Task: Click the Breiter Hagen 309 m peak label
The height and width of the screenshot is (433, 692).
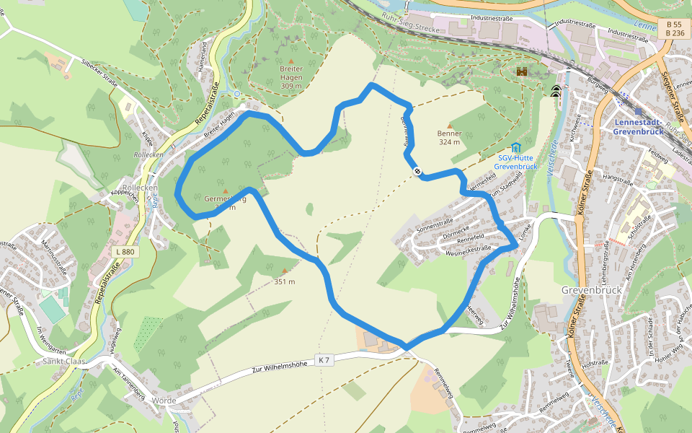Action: click(290, 76)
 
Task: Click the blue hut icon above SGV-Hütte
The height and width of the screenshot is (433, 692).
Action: click(516, 148)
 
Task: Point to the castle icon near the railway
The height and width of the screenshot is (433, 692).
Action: click(522, 72)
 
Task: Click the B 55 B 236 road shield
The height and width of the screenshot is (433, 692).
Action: click(675, 29)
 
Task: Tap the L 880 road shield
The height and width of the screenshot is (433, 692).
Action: click(124, 252)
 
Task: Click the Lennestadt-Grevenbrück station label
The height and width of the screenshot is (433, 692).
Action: click(644, 127)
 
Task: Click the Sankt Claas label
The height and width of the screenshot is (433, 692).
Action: click(64, 362)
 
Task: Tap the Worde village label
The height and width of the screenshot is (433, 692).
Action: click(164, 400)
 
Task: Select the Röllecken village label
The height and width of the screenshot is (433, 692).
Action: click(140, 188)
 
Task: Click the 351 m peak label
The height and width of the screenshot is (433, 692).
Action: click(285, 281)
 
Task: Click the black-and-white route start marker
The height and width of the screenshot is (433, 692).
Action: click(417, 171)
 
